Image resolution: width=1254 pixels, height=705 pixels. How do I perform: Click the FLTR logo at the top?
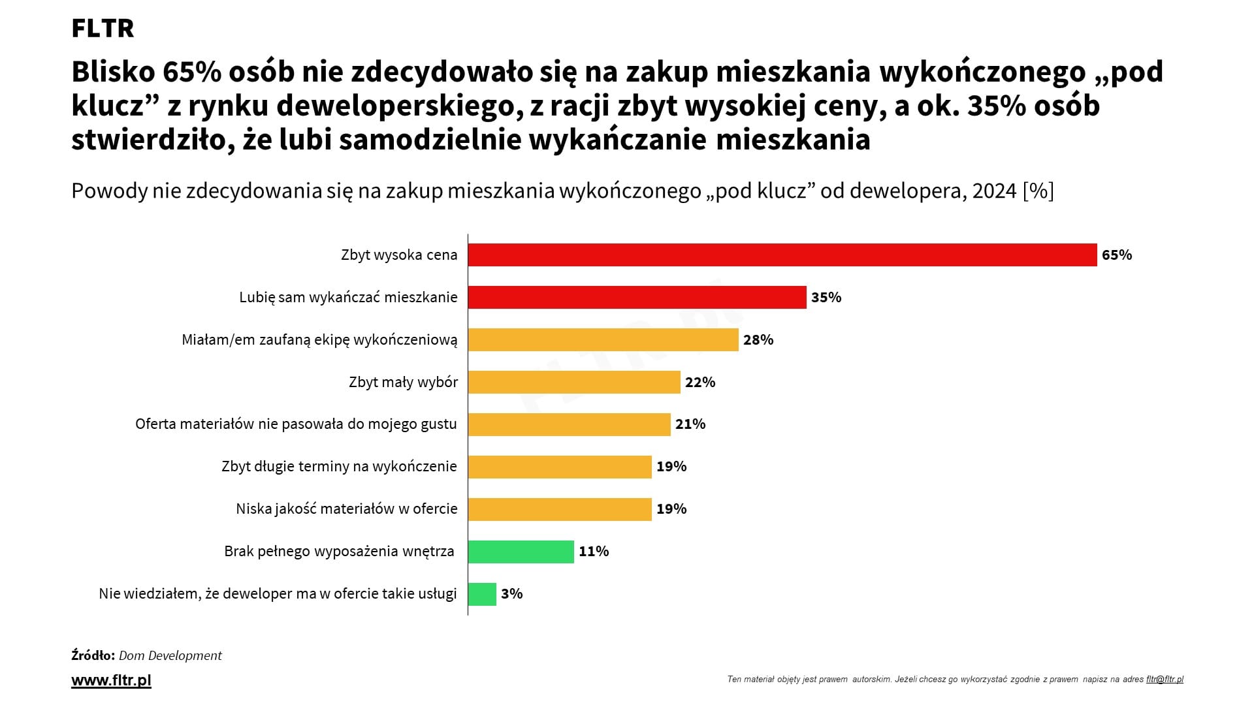pyautogui.click(x=103, y=29)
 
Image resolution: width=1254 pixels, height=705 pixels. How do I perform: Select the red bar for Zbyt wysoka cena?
pyautogui.click(x=782, y=255)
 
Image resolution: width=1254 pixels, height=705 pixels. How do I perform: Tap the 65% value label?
pyautogui.click(x=1116, y=255)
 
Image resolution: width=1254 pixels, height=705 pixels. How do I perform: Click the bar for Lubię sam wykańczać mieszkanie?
pyautogui.click(x=637, y=297)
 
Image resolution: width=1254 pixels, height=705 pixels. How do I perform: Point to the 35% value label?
pyautogui.click(x=826, y=297)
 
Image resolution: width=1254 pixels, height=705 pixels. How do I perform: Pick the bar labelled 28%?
pyautogui.click(x=603, y=339)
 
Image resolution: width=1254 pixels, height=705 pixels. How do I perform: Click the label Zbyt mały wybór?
pyautogui.click(x=403, y=382)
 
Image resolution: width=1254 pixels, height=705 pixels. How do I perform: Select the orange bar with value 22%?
pyautogui.click(x=574, y=382)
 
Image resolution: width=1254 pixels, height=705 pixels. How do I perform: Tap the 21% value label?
pyautogui.click(x=690, y=424)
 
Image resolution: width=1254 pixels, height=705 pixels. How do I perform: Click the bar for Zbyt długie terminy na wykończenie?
pyautogui.click(x=560, y=467)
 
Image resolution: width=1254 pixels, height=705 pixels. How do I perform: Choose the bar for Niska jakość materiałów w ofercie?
pyautogui.click(x=560, y=509)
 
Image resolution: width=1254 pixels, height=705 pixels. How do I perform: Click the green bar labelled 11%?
pyautogui.click(x=521, y=552)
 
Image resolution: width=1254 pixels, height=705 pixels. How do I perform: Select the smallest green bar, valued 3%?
pyautogui.click(x=482, y=594)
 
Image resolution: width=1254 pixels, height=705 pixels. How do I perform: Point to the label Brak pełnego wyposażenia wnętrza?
pyautogui.click(x=339, y=552)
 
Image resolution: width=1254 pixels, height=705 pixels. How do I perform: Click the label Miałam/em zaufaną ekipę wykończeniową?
pyautogui.click(x=319, y=339)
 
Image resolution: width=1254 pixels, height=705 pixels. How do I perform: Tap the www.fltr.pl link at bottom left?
pyautogui.click(x=111, y=680)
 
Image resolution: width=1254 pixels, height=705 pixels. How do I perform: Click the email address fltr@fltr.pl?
pyautogui.click(x=1165, y=679)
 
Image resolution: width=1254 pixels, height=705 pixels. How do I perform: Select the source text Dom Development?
pyautogui.click(x=170, y=655)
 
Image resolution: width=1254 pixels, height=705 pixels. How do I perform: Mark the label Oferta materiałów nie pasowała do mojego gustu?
pyautogui.click(x=296, y=424)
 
